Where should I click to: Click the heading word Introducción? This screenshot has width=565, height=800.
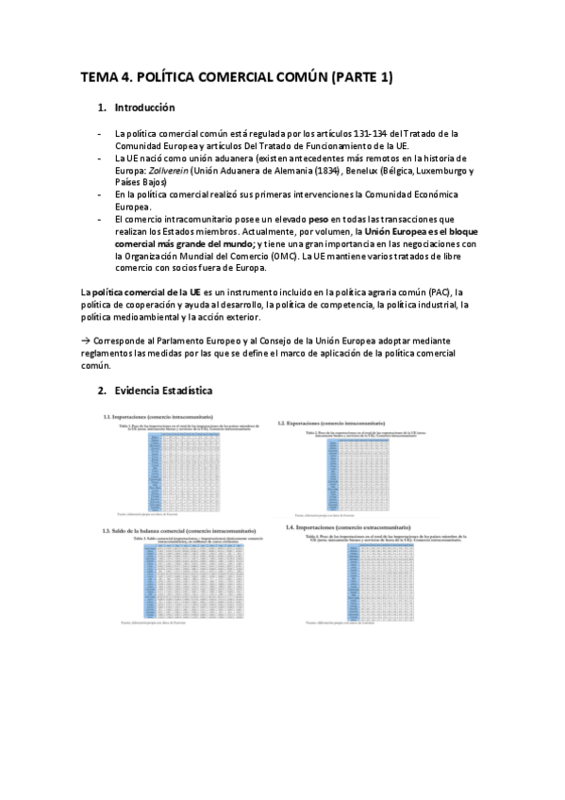[144, 108]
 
